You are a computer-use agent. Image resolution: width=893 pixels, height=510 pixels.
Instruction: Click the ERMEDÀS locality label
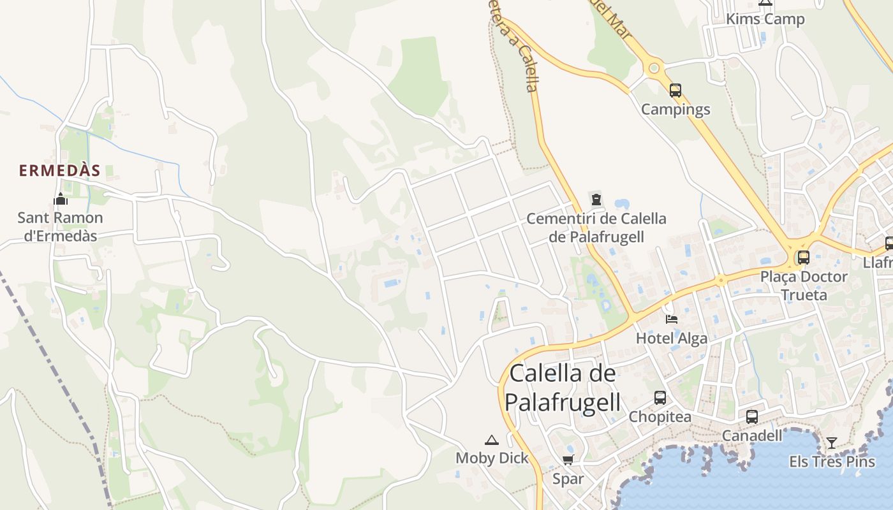pos(59,171)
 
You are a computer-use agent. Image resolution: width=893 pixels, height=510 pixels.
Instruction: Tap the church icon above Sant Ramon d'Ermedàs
pos(61,200)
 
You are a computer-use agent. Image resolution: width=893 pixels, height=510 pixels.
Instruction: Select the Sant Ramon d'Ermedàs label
pos(60,227)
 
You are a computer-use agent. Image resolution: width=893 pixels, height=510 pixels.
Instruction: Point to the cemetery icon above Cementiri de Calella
pos(596,200)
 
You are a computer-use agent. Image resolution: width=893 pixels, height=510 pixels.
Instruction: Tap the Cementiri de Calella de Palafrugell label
pos(596,228)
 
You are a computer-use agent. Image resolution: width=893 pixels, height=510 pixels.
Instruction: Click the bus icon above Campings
pos(675,91)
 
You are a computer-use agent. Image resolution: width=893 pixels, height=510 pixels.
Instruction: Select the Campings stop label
pos(675,110)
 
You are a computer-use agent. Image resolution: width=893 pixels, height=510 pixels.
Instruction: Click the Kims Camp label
pos(765,19)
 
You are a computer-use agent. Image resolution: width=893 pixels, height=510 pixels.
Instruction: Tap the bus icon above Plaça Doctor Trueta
pos(804,258)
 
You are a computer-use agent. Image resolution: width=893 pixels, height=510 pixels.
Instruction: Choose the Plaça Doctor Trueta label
pos(804,286)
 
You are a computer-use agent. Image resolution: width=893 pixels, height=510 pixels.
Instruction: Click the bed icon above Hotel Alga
pos(672,319)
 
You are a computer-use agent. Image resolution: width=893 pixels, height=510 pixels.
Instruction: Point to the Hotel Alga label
pos(672,339)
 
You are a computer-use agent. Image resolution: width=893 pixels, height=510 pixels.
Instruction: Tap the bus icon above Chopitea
pos(660,398)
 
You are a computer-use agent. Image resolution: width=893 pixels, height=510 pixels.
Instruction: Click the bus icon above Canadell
pos(752,417)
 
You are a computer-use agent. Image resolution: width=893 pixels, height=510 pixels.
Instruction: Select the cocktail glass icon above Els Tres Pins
pos(832,442)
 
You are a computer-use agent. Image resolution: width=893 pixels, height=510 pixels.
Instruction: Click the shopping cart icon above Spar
pos(568,460)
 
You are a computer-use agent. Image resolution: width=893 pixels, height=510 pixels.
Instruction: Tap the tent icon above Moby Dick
pos(491,440)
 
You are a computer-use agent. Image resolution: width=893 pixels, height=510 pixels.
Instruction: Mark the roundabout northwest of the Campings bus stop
pos(653,68)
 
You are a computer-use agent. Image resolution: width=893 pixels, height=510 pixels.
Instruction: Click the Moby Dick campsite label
pos(492,458)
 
